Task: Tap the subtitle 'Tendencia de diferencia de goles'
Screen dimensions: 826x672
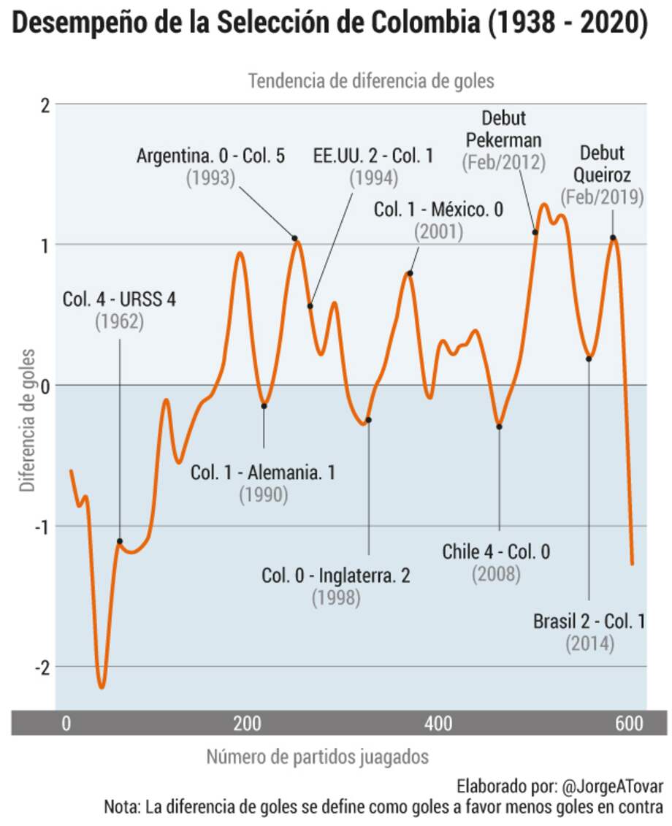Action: [x=371, y=80]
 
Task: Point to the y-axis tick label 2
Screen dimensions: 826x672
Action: [x=45, y=104]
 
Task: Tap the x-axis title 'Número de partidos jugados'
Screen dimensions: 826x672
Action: [x=317, y=757]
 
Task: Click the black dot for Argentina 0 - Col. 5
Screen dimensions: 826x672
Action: [x=295, y=238]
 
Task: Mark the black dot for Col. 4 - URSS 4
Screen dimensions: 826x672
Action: [x=120, y=541]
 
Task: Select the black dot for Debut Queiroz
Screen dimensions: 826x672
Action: [x=613, y=237]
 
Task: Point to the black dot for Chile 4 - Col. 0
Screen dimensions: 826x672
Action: [x=500, y=427]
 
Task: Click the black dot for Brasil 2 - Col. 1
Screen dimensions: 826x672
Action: [x=589, y=359]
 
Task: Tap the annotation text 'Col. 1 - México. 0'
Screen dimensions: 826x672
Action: [x=438, y=210]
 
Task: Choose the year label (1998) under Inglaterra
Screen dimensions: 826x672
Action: [x=336, y=597]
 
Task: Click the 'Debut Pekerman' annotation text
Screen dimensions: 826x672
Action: [x=504, y=129]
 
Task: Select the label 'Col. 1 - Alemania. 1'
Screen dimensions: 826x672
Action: [x=263, y=473]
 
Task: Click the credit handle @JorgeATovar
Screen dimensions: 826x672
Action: [x=613, y=787]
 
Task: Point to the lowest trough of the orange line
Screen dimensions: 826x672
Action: [x=102, y=687]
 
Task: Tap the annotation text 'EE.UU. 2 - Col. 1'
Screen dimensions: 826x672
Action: [x=373, y=156]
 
